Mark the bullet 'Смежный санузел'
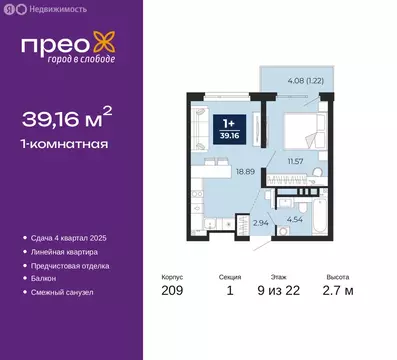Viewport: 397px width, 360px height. [63, 292]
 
